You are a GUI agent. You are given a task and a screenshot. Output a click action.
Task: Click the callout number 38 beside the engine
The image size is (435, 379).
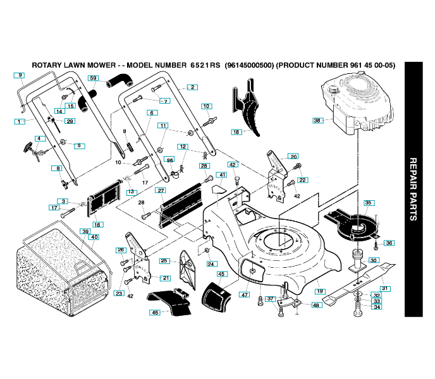coord(317,120)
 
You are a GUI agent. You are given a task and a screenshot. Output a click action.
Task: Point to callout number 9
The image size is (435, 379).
coord(20,75)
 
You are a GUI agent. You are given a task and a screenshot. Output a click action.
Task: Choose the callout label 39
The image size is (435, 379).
coord(85,231)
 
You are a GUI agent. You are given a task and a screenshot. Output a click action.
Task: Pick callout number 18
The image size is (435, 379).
coord(236,132)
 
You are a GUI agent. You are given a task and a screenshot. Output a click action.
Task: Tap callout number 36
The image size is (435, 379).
coord(389,243)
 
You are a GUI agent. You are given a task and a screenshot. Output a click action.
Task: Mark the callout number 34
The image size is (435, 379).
coord(376,308)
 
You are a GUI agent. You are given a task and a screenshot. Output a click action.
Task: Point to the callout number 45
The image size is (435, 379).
coord(221,274)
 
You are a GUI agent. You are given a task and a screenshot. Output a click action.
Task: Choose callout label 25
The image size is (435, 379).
coord(164,261)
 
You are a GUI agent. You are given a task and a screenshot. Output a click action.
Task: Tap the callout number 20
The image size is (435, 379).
coord(293,156)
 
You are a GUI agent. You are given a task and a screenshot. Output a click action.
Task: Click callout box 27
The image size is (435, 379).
coord(161,190)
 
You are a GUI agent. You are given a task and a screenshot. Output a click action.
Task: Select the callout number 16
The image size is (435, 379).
coord(98,224)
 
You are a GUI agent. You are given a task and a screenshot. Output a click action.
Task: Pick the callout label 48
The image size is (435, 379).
coord(316,304)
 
